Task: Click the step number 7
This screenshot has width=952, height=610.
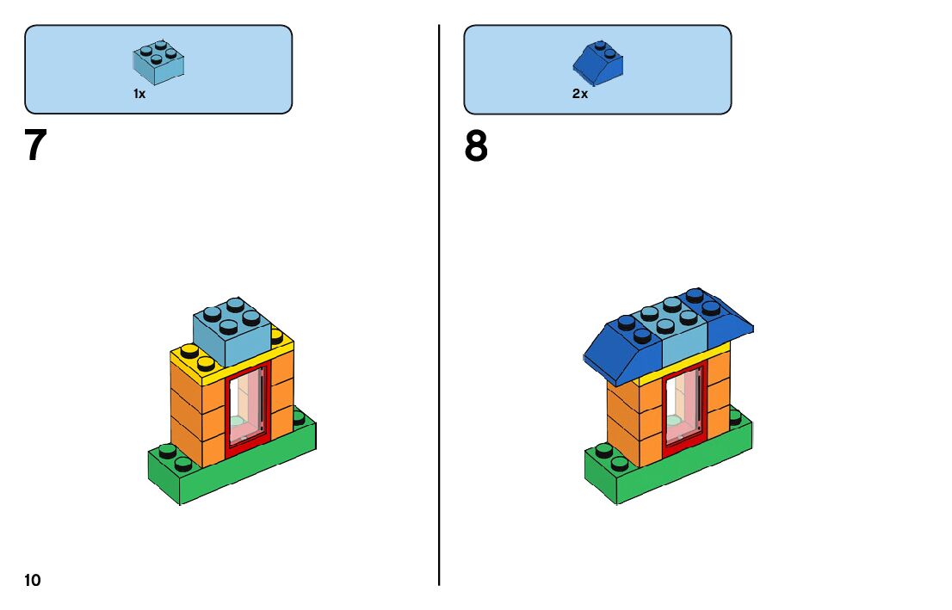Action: (x=34, y=146)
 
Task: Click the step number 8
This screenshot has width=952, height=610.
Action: (x=476, y=146)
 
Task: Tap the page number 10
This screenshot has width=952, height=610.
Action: (x=33, y=581)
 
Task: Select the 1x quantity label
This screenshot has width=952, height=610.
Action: (x=139, y=94)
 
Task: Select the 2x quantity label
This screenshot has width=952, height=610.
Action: (x=580, y=94)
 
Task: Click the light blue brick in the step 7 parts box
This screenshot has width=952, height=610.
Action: (x=158, y=60)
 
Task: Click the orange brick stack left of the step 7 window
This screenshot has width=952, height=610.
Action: (x=196, y=413)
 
